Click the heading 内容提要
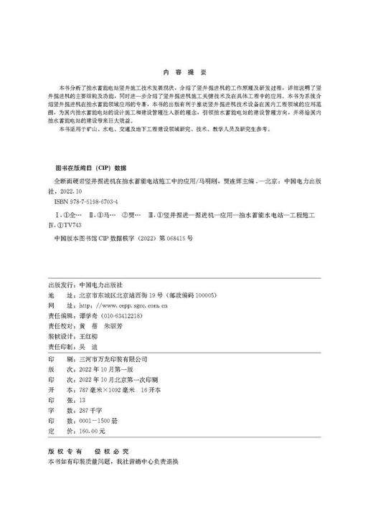(185, 72)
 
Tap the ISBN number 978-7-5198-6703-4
(92, 204)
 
